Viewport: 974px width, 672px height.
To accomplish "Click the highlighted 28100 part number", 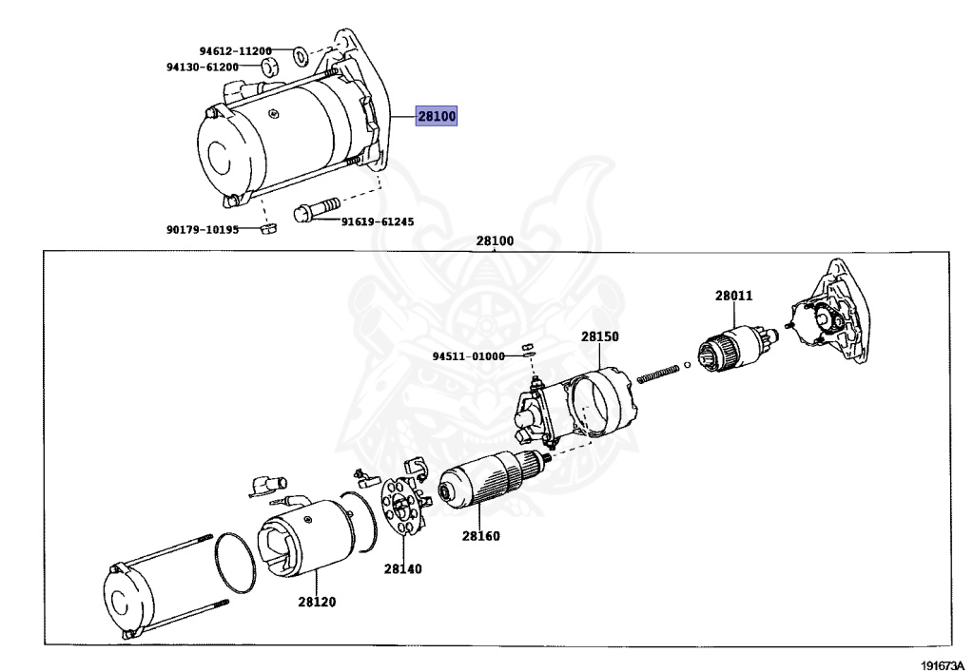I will click(x=438, y=117).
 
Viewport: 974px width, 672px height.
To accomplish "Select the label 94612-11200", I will click(x=235, y=51).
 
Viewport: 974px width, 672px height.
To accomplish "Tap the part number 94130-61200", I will click(x=202, y=67).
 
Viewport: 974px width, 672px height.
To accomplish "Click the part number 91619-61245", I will click(x=378, y=221).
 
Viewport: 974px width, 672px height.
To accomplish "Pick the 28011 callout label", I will click(x=733, y=296).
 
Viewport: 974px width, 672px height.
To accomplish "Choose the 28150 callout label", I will click(x=600, y=336).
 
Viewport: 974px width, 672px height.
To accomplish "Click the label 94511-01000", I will click(x=468, y=356).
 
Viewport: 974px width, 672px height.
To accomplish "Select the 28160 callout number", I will click(x=481, y=536).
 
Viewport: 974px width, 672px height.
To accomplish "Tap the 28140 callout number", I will click(x=403, y=569).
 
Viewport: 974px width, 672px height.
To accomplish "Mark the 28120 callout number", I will click(x=317, y=602).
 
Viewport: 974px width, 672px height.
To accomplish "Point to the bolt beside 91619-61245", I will click(x=317, y=208).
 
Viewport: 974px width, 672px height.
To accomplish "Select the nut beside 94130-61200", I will click(x=269, y=67).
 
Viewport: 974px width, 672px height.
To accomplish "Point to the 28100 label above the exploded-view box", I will click(x=495, y=241).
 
